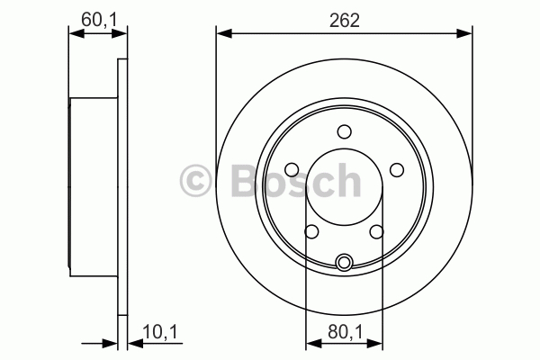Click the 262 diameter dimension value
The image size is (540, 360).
coord(345,21)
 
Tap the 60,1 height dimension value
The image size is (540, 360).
coord(100,19)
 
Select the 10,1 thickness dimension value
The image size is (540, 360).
coord(160,332)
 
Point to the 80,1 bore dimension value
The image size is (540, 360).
coord(346,332)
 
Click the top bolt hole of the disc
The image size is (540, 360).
coord(344,131)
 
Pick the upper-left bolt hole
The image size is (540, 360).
coord(292,169)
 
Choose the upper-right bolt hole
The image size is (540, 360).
coord(396,169)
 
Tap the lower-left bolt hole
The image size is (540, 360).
coord(311,231)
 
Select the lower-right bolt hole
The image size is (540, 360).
coord(377,231)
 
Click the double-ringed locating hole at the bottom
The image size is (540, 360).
coord(344,262)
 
